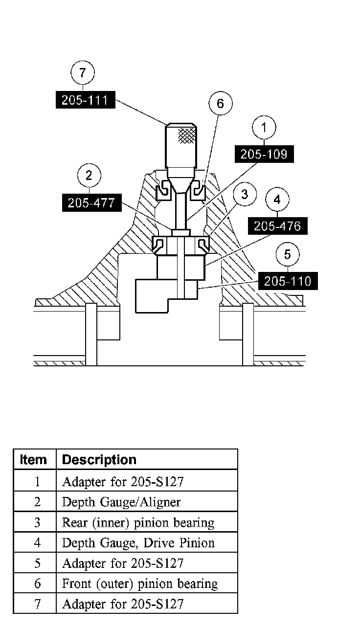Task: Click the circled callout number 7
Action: tap(82, 73)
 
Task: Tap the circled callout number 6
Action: tap(220, 103)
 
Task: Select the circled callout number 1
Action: tap(264, 128)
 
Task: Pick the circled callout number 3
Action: tap(245, 195)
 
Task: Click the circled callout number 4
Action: tap(277, 200)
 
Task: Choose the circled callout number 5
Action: tap(287, 255)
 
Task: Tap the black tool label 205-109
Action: tap(264, 155)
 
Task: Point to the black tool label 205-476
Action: tap(277, 226)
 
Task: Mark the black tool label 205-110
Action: tap(287, 281)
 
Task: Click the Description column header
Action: tap(99, 460)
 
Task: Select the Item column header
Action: tap(34, 460)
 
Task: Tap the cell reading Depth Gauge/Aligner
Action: tap(121, 502)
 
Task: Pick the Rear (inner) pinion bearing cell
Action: tap(138, 522)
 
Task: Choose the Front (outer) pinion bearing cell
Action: tap(140, 583)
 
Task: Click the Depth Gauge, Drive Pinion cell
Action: tap(138, 543)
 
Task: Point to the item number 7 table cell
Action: tap(37, 604)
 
